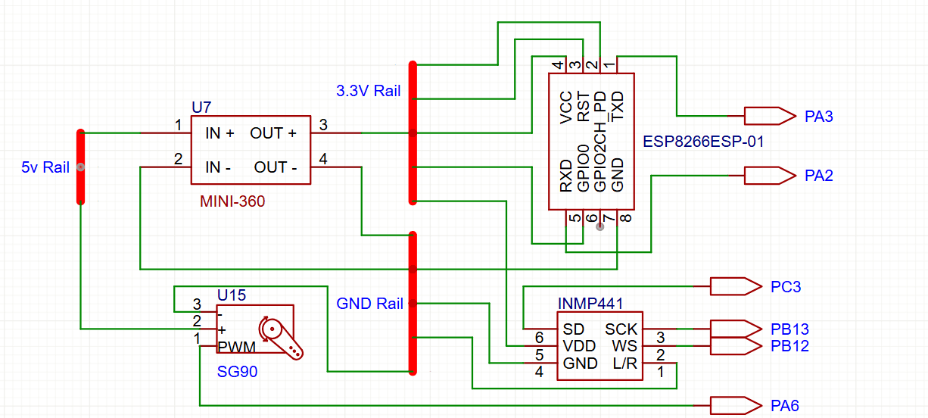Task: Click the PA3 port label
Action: [x=819, y=117]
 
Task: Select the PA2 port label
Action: [x=819, y=176]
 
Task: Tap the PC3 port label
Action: [x=786, y=287]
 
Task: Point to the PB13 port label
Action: [x=790, y=329]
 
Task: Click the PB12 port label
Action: [x=790, y=346]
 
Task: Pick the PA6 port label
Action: [x=784, y=406]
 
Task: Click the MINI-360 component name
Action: [x=232, y=201]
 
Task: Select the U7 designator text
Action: [x=202, y=108]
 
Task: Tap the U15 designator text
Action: [x=232, y=295]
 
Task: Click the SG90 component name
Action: [x=235, y=373]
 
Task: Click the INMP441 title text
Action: [x=590, y=304]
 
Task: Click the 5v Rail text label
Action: [x=45, y=167]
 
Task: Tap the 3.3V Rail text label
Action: [x=369, y=92]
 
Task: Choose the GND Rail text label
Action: [x=369, y=304]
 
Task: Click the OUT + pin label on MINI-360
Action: [x=273, y=133]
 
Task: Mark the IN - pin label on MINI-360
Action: [x=220, y=167]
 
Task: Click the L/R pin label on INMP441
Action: [x=625, y=363]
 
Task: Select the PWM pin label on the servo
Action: [x=237, y=347]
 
